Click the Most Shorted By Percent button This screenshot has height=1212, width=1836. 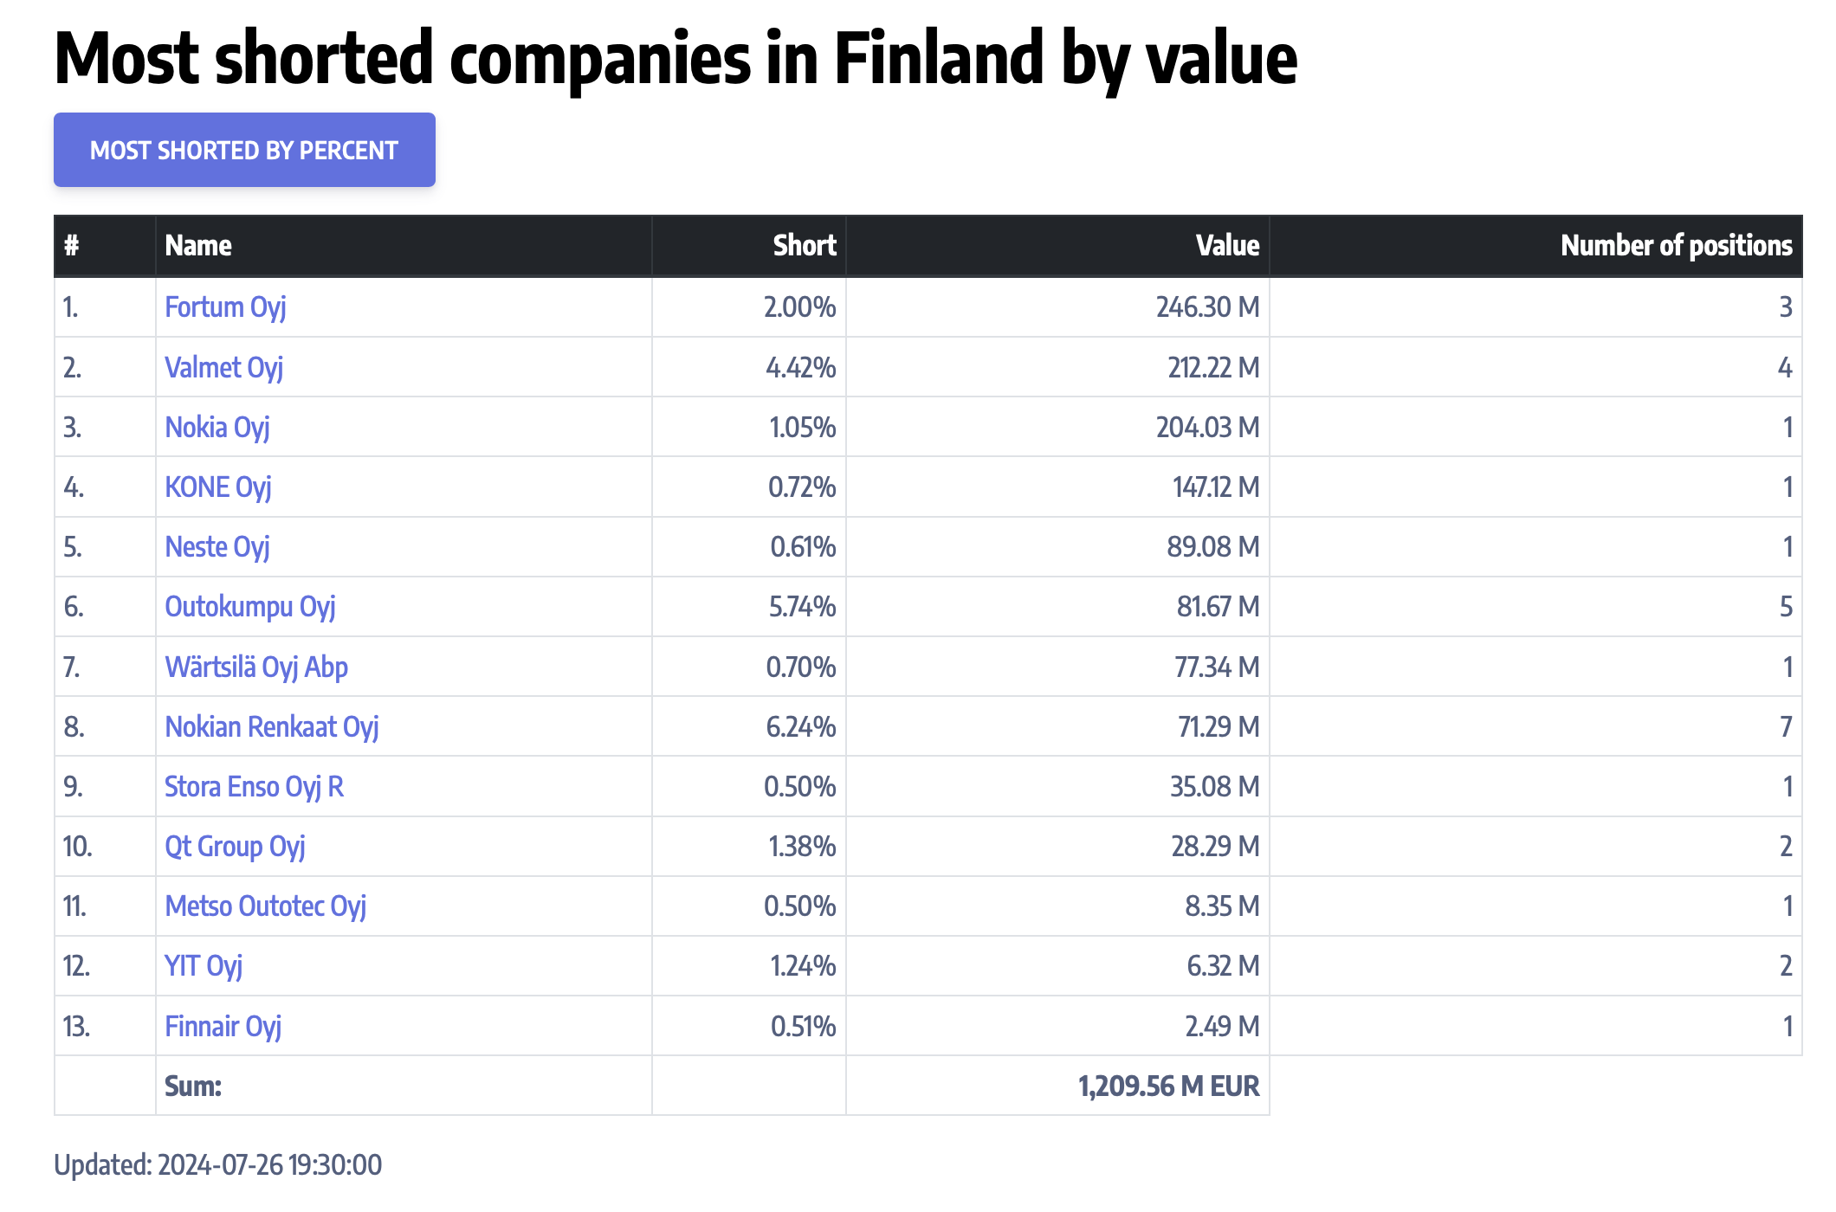tap(244, 150)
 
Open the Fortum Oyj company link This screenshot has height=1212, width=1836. tap(225, 307)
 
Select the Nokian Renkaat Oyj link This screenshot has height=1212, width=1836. tap(271, 727)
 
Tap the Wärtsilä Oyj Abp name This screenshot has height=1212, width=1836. tap(256, 667)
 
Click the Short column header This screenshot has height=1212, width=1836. tap(805, 246)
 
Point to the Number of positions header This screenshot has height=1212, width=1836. tap(1676, 246)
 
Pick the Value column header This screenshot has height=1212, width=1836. tap(1227, 246)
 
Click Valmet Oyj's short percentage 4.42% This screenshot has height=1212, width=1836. tap(801, 368)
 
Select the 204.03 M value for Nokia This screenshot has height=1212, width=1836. tap(1207, 428)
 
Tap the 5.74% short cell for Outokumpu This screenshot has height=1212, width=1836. tap(802, 607)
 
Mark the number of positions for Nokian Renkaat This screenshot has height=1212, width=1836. tap(1785, 727)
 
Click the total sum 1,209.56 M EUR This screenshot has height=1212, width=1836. tap(1168, 1086)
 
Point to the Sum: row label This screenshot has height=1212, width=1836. tap(193, 1086)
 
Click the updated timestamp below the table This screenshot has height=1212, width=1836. tap(217, 1165)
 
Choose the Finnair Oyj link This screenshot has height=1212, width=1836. tap(223, 1027)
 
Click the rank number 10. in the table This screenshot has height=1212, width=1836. tap(77, 847)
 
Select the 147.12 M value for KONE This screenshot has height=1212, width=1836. tap(1216, 487)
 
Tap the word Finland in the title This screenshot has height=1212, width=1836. tap(940, 59)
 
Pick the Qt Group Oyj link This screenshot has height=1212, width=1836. tap(235, 847)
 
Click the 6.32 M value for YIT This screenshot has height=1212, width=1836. tap(1223, 966)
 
